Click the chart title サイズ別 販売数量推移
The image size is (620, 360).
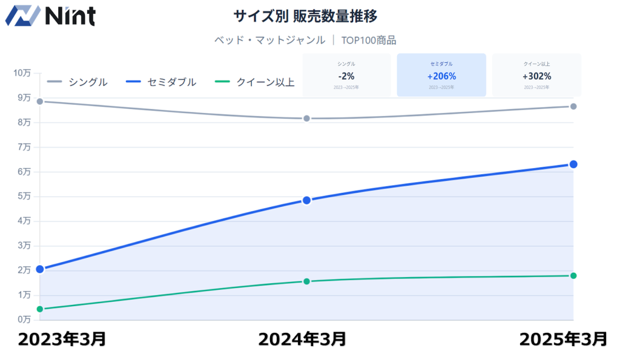(309, 16)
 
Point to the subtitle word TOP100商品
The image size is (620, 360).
(369, 41)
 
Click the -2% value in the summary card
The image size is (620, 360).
(346, 76)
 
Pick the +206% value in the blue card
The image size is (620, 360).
(441, 76)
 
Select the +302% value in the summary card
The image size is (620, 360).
(536, 76)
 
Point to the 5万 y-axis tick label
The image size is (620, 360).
(24, 196)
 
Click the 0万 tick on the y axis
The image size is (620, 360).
(24, 319)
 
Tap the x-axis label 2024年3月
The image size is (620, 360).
(302, 339)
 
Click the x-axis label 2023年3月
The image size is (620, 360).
(62, 339)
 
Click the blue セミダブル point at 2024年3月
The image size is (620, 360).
(306, 200)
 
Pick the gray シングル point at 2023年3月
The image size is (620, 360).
(40, 101)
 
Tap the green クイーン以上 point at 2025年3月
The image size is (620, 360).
(573, 276)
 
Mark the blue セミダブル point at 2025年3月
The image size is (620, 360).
(573, 165)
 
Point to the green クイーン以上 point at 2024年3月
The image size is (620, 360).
(306, 281)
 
